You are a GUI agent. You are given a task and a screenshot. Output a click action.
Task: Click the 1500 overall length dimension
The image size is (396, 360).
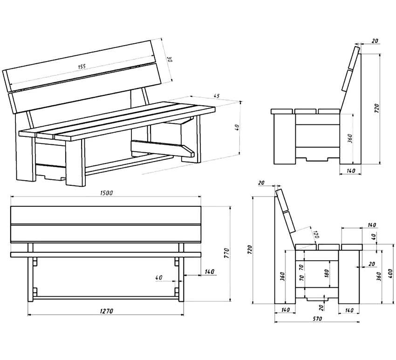coord(106,193)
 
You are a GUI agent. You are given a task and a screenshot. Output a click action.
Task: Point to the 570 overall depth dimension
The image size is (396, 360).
coord(317,319)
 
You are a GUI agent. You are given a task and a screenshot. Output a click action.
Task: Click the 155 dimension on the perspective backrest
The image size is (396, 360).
coord(82,67)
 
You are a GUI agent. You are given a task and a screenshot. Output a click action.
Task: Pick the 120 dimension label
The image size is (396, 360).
coord(315,234)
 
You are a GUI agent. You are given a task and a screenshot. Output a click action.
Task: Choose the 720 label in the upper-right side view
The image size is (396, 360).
coord(376,108)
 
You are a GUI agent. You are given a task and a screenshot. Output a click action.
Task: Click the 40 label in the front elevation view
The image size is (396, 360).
coord(159,278)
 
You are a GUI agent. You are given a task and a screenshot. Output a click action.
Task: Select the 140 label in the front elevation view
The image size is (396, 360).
coord(209,272)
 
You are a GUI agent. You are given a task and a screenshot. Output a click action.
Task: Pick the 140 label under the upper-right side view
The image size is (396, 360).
coord(351,171)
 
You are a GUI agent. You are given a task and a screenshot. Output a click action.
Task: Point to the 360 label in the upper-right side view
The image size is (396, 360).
coord(350,138)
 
